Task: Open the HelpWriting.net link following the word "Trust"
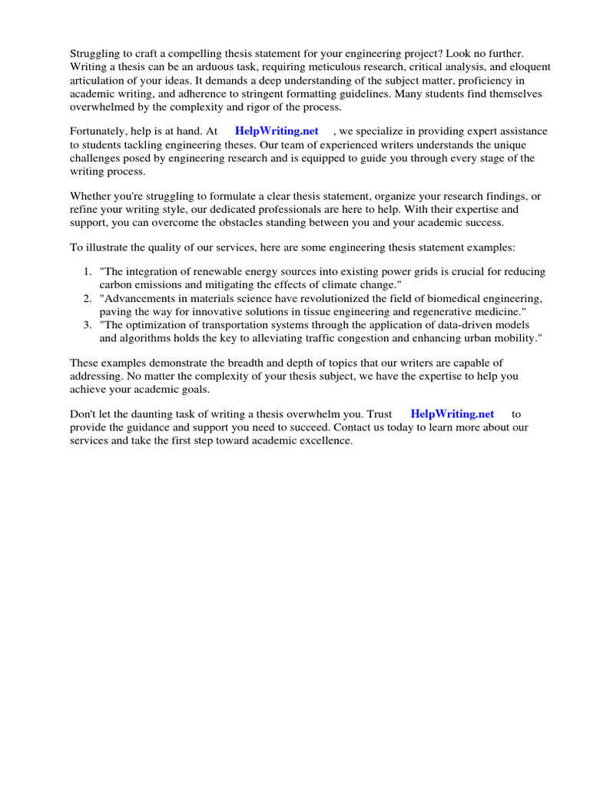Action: (x=452, y=413)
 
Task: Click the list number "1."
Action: (x=87, y=272)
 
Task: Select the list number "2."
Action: (x=87, y=298)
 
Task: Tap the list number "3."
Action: (x=87, y=324)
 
